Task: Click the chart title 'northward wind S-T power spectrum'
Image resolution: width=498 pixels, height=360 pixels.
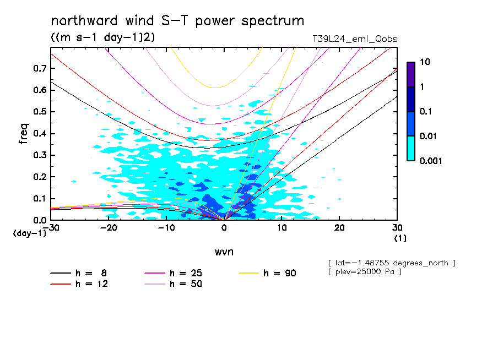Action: (x=177, y=21)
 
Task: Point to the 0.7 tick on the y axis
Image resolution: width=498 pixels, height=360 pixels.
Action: (x=40, y=68)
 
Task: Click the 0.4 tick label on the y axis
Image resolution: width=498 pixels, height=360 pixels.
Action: (x=40, y=134)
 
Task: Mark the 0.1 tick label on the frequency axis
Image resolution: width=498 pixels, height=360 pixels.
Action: (x=40, y=199)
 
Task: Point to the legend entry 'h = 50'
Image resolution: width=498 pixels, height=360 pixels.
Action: (x=186, y=284)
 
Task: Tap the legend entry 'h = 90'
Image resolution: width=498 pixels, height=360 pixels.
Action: (x=280, y=273)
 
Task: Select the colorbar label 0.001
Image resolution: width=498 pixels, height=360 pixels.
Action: (x=431, y=161)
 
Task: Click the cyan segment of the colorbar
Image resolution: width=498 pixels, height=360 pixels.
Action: (x=410, y=148)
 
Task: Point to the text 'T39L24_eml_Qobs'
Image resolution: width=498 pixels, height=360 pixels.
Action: (x=354, y=39)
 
